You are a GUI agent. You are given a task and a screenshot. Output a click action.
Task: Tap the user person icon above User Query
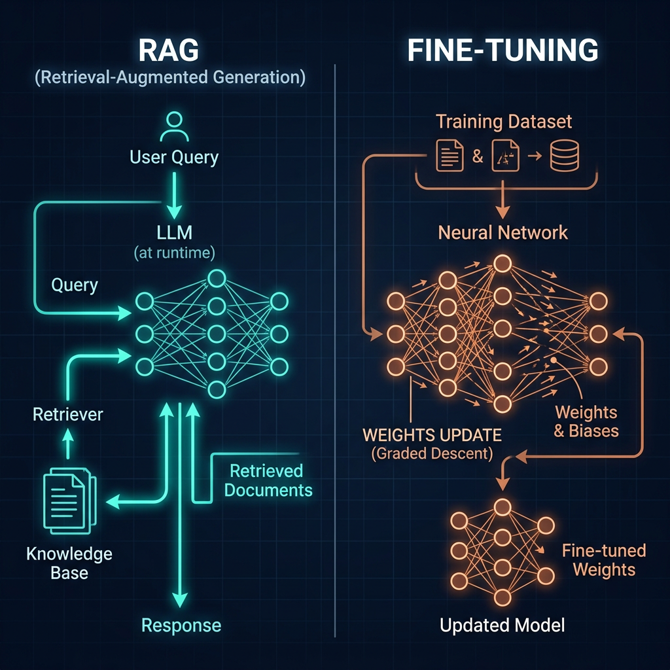(174, 127)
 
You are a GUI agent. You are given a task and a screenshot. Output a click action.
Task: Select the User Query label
(174, 157)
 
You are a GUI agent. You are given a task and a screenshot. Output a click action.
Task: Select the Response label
(181, 625)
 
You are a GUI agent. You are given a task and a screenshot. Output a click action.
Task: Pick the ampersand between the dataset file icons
(477, 157)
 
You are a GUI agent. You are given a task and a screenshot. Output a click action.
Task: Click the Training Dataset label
(504, 122)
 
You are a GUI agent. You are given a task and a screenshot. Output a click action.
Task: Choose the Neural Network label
(503, 232)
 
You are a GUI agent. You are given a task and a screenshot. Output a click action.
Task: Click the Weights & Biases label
(586, 422)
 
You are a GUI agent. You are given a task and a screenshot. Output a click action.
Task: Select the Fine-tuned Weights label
(603, 560)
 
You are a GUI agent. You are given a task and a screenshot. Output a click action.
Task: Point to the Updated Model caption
(502, 626)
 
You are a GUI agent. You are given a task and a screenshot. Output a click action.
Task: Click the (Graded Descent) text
(432, 453)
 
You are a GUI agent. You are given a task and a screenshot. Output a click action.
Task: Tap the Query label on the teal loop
(75, 285)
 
